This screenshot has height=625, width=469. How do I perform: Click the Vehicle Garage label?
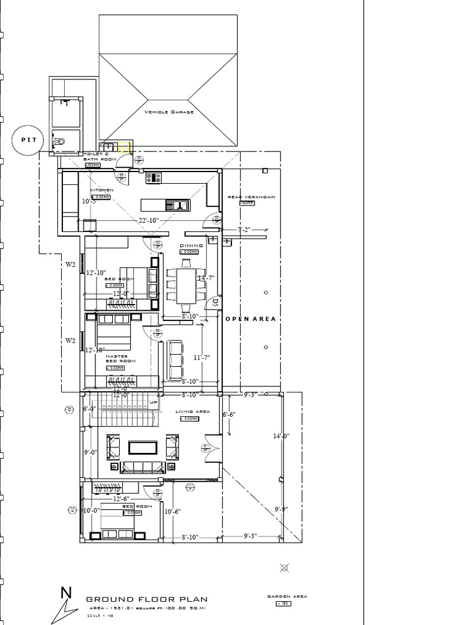(x=169, y=112)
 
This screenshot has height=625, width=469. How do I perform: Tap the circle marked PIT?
(x=29, y=140)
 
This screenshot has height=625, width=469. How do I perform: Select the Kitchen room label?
(x=101, y=190)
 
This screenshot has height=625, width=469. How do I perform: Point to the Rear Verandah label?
(x=251, y=197)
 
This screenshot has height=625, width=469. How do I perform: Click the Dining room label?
(x=191, y=245)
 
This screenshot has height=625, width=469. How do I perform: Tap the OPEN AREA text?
(x=250, y=319)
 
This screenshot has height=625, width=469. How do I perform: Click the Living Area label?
(x=192, y=411)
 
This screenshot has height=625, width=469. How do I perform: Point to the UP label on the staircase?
(x=153, y=403)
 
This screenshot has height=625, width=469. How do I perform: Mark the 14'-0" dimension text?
(x=281, y=436)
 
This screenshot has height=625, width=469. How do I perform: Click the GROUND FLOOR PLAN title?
(x=146, y=599)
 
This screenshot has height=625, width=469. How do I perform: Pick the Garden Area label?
(x=287, y=596)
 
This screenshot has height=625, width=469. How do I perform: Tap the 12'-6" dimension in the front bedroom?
(x=121, y=499)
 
